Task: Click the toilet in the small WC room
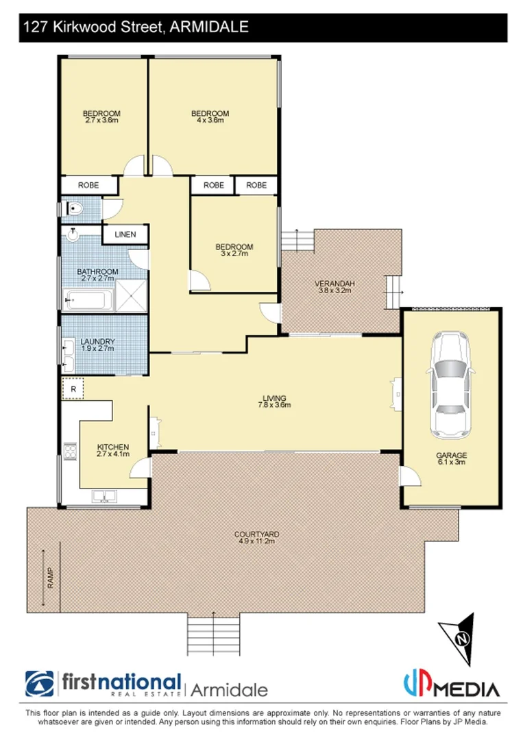tap(75, 208)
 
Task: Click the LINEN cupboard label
tap(125, 234)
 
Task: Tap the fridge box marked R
tap(72, 388)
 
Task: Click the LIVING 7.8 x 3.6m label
tap(274, 402)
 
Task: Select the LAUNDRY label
tap(97, 345)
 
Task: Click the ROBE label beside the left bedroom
tap(88, 185)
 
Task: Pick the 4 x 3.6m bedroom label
tap(210, 116)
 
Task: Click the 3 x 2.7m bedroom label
tap(234, 250)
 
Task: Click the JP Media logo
tap(450, 685)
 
